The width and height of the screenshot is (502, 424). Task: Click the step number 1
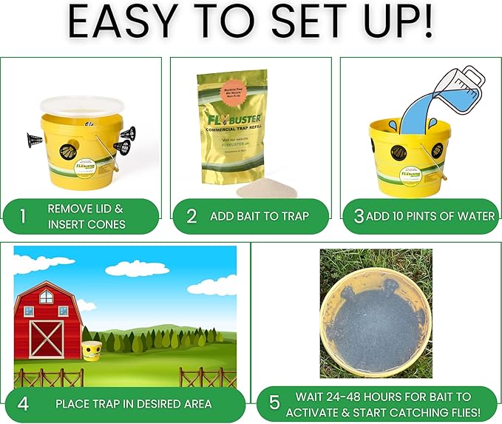coord(23,216)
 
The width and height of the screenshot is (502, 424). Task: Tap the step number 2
coord(191,216)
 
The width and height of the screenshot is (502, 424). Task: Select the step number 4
coord(23,403)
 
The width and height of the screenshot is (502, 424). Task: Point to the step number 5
coord(274,403)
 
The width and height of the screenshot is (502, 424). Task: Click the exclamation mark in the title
coord(424,24)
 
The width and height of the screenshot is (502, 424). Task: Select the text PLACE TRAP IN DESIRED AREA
coord(133,404)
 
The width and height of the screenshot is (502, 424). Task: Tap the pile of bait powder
coord(266,190)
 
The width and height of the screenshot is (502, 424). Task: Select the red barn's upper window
coord(46,297)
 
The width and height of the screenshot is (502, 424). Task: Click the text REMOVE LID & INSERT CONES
coord(86,216)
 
